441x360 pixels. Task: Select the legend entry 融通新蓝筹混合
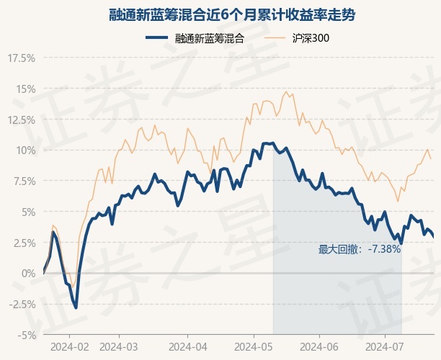[x=195, y=39]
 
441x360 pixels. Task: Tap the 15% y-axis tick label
[x=24, y=89]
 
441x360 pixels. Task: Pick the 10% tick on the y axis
[x=24, y=150]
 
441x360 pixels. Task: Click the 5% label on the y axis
[x=26, y=212]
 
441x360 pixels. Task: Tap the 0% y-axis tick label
[x=27, y=274]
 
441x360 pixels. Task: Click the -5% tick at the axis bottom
[x=26, y=335]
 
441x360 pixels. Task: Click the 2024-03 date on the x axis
[x=119, y=347]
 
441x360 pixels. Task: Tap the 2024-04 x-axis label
[x=187, y=347]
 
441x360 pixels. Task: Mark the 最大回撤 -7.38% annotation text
[x=359, y=249]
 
